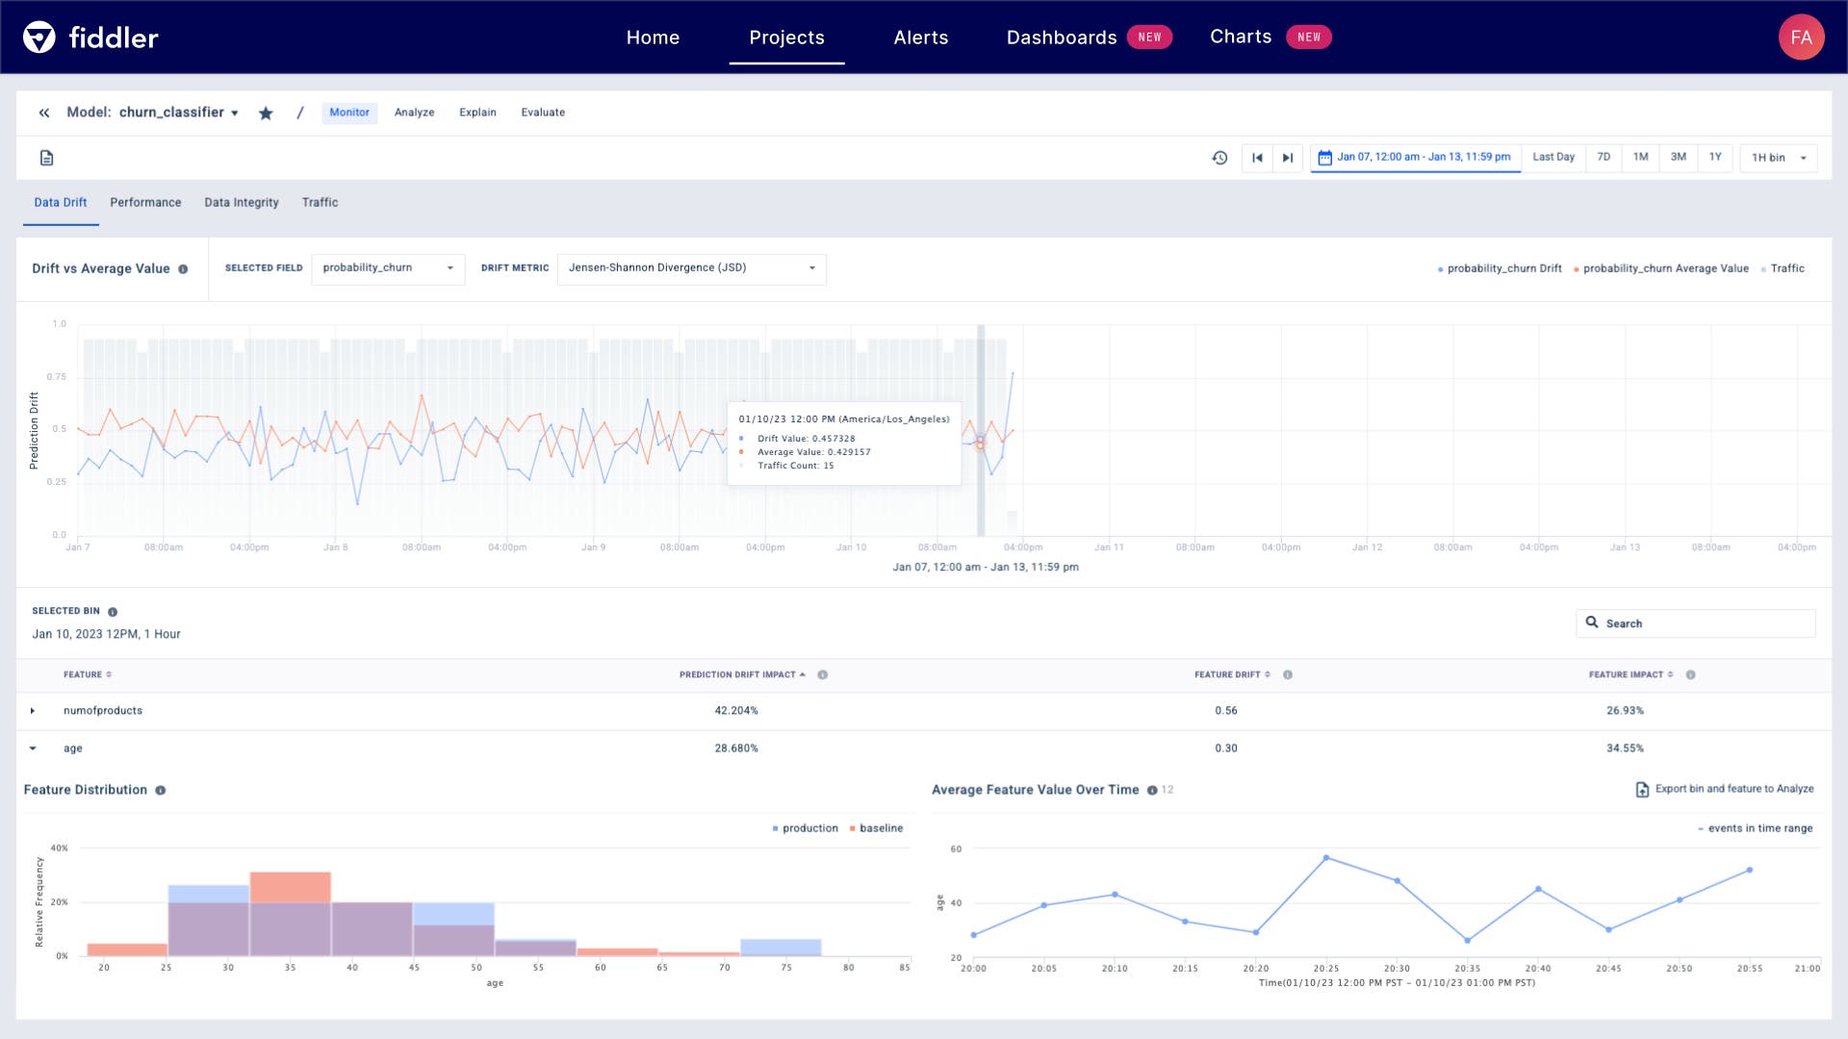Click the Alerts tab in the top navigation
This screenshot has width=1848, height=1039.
[920, 38]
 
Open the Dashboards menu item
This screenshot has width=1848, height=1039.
[1061, 38]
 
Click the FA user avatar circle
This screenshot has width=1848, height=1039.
[1801, 38]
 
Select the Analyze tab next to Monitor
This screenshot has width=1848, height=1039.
[414, 113]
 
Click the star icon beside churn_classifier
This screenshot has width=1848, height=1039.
[266, 114]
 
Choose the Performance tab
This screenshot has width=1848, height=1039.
[145, 203]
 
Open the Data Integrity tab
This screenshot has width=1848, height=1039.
[241, 203]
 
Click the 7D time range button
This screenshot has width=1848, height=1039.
[1603, 158]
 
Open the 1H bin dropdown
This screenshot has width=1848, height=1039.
[1778, 158]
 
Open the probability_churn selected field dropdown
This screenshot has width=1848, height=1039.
[388, 268]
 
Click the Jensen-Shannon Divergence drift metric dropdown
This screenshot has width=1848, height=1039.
[691, 268]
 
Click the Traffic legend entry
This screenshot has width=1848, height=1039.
[1786, 269]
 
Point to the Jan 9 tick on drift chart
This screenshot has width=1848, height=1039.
[593, 546]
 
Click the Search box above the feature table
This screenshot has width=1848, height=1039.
[1696, 623]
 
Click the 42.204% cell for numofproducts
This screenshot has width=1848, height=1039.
[735, 711]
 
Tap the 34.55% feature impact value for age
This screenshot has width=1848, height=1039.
[1624, 748]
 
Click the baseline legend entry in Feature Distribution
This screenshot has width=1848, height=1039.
[880, 828]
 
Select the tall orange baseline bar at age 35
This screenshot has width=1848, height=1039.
[290, 886]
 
